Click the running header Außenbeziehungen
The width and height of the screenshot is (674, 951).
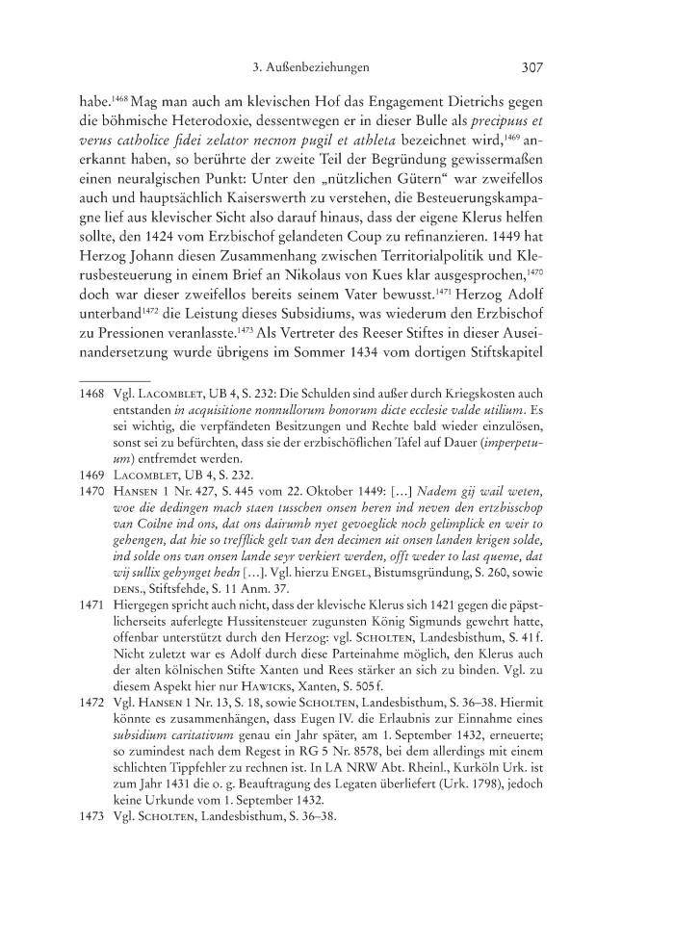318,68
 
